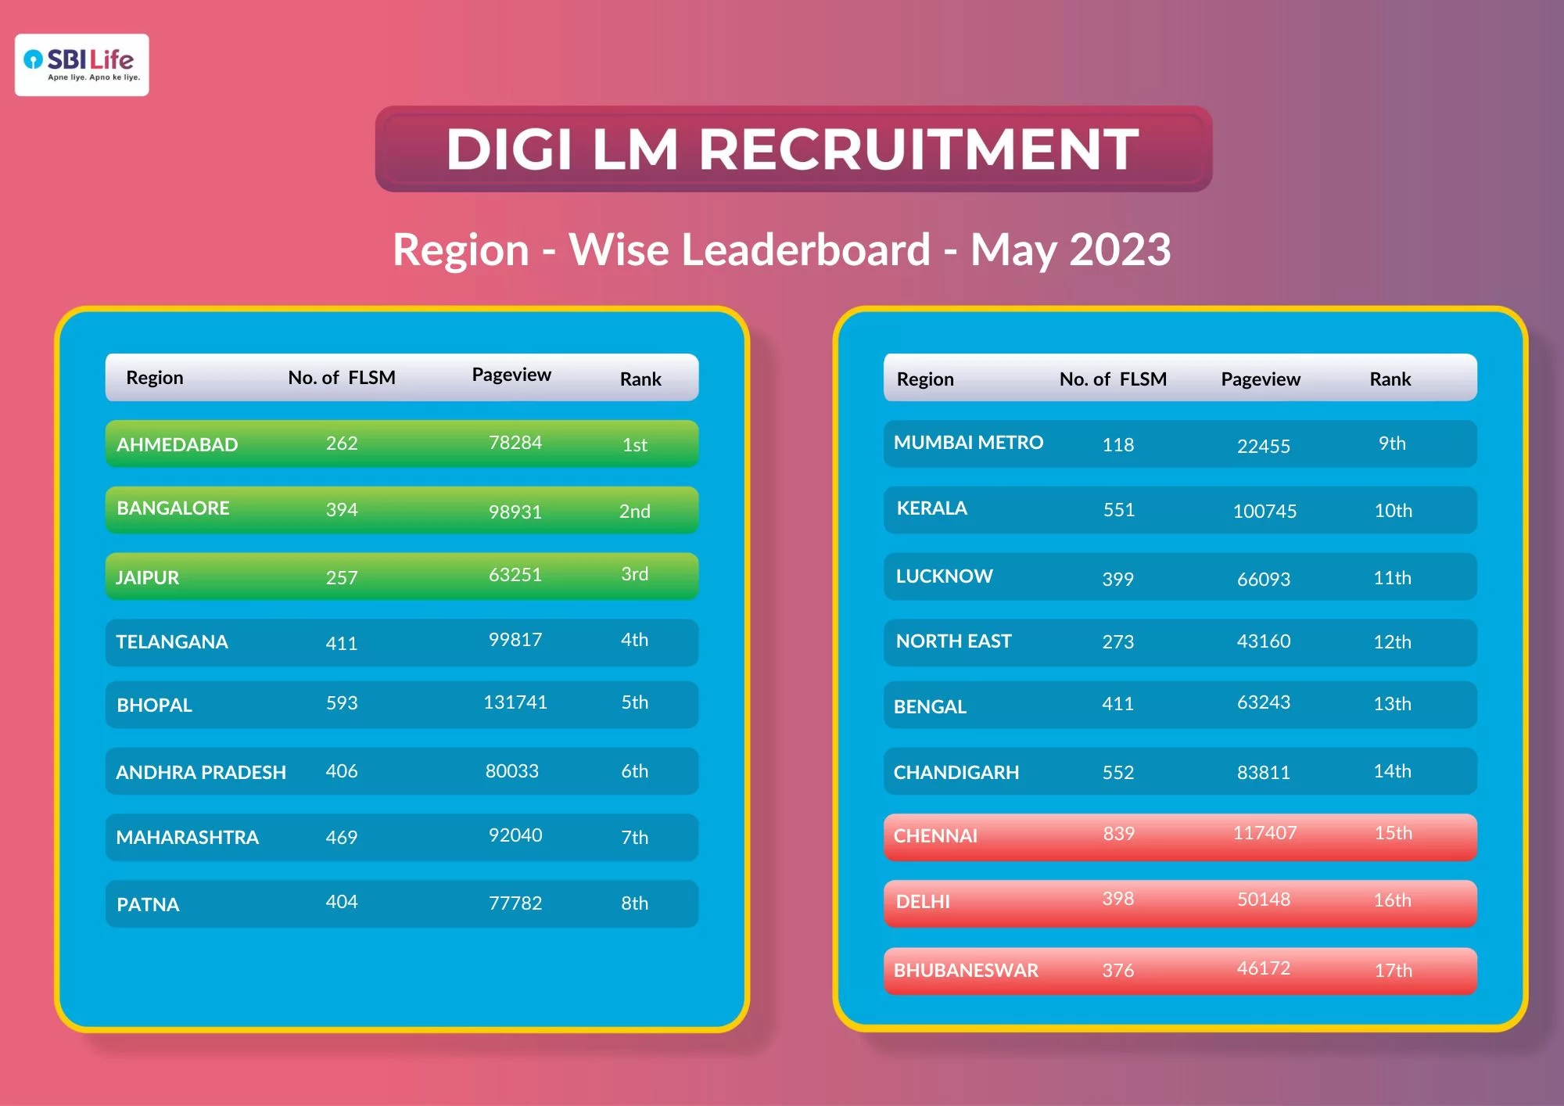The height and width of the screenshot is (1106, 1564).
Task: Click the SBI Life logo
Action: (x=82, y=64)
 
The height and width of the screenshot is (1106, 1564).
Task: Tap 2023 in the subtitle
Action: (x=1120, y=250)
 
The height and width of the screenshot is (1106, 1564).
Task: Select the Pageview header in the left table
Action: (x=511, y=375)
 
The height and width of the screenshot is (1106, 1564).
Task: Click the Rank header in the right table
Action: (x=1390, y=379)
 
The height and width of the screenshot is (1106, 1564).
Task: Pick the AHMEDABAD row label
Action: (x=177, y=444)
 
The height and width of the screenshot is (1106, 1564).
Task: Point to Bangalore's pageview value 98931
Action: (x=515, y=512)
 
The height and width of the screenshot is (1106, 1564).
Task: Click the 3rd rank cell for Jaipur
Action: (x=634, y=574)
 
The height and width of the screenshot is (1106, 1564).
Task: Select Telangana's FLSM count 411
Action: (x=341, y=643)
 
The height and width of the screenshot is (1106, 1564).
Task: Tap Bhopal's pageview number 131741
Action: (x=515, y=702)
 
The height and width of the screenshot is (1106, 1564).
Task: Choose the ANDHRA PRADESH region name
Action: (x=201, y=772)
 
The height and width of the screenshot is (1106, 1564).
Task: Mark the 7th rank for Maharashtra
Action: (x=634, y=838)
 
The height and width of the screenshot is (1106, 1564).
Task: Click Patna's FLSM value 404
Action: (x=341, y=902)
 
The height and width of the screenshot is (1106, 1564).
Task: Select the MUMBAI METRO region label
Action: (x=968, y=443)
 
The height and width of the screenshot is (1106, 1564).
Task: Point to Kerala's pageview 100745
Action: (x=1264, y=512)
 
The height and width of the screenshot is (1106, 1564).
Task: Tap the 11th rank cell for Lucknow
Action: (x=1392, y=578)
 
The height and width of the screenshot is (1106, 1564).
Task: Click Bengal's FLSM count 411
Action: (x=1117, y=704)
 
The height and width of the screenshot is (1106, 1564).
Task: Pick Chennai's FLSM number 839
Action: (x=1118, y=834)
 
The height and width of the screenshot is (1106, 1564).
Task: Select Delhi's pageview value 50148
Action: (x=1263, y=900)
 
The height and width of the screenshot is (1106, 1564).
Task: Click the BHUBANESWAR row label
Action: (x=966, y=971)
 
